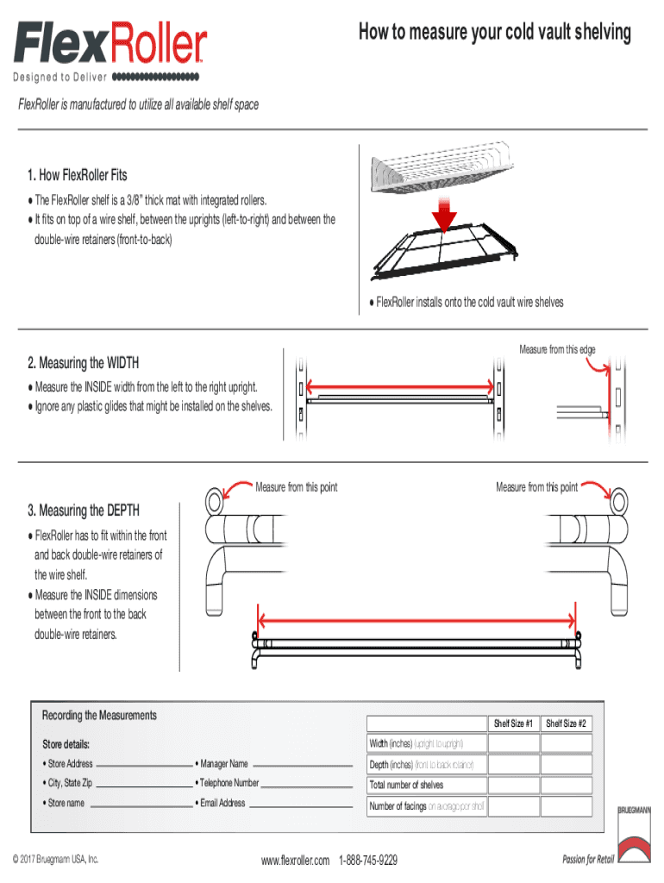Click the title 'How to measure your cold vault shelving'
[x=495, y=33]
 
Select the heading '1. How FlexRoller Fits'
[x=77, y=175]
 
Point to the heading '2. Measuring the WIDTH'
[x=83, y=362]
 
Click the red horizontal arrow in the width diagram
[x=399, y=387]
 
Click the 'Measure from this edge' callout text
[x=557, y=349]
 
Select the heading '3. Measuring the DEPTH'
[x=84, y=510]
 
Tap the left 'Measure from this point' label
[x=296, y=488]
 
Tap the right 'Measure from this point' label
[x=536, y=488]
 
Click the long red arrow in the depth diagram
[x=417, y=618]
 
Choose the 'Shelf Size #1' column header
[x=512, y=723]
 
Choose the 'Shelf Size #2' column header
[x=566, y=723]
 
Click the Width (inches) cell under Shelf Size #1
[x=512, y=743]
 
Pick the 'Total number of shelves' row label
[x=406, y=785]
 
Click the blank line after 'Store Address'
[x=143, y=765]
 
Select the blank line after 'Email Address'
[x=301, y=805]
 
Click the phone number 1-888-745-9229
[x=368, y=861]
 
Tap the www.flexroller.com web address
[x=295, y=861]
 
